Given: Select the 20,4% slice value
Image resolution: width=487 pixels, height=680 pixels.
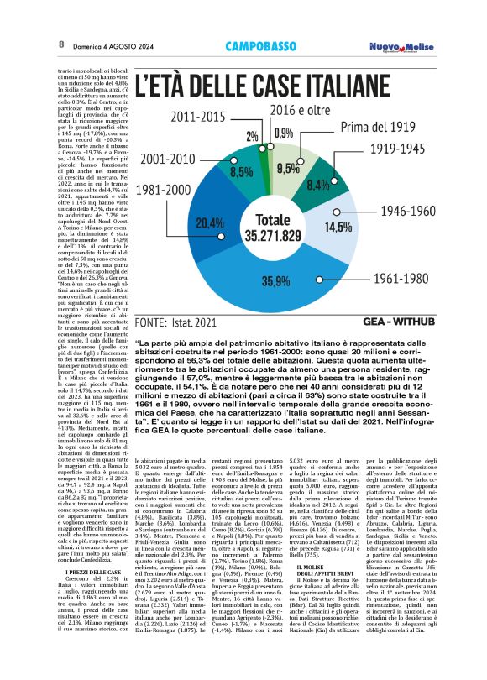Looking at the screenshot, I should point(210,223).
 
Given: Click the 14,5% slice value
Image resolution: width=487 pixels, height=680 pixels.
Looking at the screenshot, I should point(362,227).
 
